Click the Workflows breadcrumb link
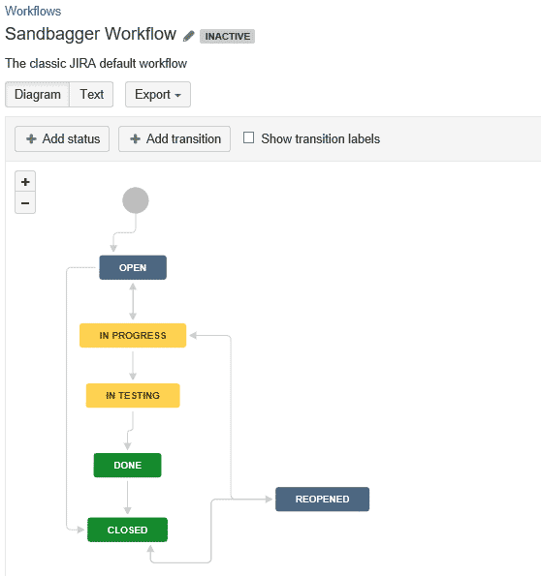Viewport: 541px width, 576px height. [x=33, y=11]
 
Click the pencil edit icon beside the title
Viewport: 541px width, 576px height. [x=189, y=36]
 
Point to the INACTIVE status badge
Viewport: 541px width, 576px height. [x=227, y=37]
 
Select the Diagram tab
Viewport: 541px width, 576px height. [x=37, y=95]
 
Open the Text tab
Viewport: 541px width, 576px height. [x=91, y=95]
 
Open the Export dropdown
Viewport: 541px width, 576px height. [x=158, y=95]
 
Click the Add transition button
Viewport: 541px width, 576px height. [x=175, y=138]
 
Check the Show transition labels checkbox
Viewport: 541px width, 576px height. [x=249, y=138]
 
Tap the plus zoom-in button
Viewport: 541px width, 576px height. [x=25, y=181]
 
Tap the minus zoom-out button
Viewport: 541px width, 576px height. [x=25, y=202]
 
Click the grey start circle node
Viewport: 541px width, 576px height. [x=136, y=200]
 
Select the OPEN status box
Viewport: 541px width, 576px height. [x=133, y=267]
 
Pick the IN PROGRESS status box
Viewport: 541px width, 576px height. [x=133, y=335]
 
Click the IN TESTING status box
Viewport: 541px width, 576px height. [x=133, y=396]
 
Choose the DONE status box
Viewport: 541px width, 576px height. [x=127, y=465]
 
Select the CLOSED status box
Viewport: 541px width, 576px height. [x=127, y=530]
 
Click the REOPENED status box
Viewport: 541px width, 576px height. [x=323, y=500]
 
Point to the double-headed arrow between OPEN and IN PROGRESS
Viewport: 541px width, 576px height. [x=133, y=302]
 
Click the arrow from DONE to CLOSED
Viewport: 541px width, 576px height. [x=127, y=498]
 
